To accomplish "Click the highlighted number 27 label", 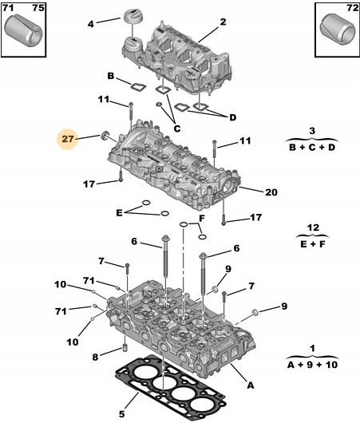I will (68, 139).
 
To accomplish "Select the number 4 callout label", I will (90, 24).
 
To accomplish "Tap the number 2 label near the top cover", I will (223, 22).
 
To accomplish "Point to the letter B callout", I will (111, 76).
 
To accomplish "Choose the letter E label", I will (119, 212).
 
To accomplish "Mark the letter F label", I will (202, 218).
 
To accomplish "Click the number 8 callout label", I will (95, 357).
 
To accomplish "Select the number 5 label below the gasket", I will (122, 413).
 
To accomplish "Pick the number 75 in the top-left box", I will (38, 8).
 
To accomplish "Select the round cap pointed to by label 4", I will (133, 19).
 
